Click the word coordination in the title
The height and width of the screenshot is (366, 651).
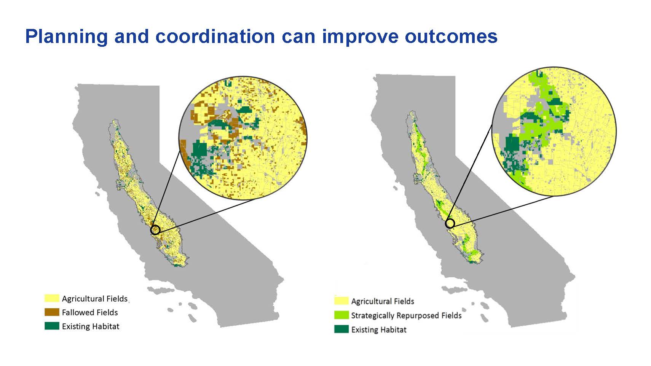click(215, 36)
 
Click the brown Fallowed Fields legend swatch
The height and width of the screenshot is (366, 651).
click(52, 312)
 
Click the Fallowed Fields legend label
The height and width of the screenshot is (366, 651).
click(90, 312)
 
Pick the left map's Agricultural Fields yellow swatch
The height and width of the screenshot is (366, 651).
click(52, 298)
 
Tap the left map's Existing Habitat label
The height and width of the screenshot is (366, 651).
click(91, 326)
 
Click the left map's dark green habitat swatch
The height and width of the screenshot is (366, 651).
click(52, 326)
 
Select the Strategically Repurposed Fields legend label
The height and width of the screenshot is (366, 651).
click(406, 315)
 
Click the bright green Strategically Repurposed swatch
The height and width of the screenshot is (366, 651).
click(341, 315)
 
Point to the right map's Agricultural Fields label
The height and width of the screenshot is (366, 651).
click(383, 301)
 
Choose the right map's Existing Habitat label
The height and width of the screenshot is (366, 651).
click(379, 330)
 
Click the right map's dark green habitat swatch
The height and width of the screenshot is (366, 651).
click(341, 329)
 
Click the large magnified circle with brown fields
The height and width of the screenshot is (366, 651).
click(243, 138)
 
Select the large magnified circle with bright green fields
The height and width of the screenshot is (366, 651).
click(554, 131)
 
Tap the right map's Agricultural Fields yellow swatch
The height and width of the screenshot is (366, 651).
click(341, 301)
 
